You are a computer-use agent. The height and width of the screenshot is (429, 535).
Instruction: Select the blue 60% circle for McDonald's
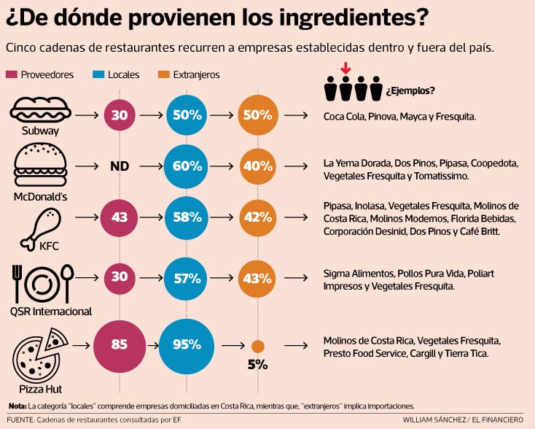point(187,166)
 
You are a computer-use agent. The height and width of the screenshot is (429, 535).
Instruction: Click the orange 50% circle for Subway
point(257,115)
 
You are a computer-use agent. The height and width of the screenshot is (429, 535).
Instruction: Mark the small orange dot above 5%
point(257,346)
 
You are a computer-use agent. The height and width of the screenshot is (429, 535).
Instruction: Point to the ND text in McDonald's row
point(120,166)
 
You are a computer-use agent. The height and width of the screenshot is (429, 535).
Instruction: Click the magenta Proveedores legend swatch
point(12,74)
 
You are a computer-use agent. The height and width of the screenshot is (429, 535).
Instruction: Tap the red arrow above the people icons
point(345,69)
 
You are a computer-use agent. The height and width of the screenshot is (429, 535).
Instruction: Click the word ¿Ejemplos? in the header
point(411,91)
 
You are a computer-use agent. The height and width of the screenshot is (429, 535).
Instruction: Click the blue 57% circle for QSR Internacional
point(187,278)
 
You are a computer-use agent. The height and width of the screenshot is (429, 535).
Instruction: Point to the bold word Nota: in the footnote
point(17,406)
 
